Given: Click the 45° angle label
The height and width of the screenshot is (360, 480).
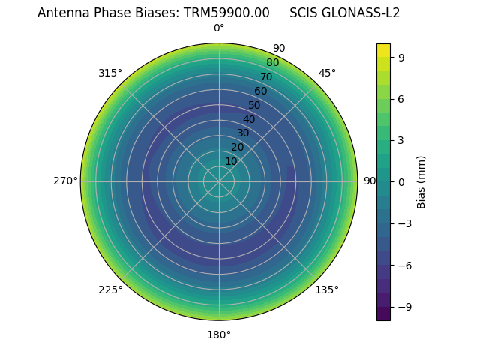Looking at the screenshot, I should point(327,73).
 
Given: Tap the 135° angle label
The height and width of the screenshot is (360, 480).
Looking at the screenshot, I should point(327,289).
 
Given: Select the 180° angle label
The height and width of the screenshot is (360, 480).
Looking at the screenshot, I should point(219,334).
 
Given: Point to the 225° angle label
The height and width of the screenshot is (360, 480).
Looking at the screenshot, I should point(110,289).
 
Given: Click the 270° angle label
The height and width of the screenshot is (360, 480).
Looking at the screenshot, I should point(65,181).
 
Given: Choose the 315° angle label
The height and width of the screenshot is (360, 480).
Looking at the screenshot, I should point(110,73).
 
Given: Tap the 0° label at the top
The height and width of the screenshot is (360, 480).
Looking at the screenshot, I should point(219,28).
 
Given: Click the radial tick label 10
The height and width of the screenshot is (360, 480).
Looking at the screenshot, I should point(231,161).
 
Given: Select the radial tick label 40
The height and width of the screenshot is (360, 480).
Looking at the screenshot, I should point(249,119).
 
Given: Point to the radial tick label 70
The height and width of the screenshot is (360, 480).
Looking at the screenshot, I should point(266,76).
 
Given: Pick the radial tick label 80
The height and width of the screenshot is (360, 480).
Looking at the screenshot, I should point(272,62).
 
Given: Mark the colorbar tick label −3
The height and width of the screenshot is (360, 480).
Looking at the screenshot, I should point(403,223).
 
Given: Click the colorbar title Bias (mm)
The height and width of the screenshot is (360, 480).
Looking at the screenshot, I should point(421,181).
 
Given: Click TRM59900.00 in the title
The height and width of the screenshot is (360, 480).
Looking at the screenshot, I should point(226,13).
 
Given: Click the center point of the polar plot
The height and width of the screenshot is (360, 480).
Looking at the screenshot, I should point(219,181).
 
